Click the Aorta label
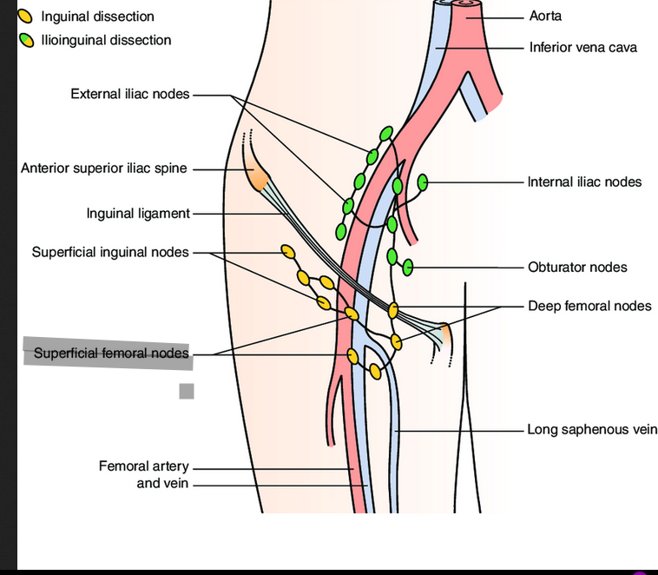point(545,17)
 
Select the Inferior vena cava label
point(582,47)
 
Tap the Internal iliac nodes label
point(584,182)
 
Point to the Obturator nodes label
point(577,267)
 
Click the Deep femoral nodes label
point(589,306)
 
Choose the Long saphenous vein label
point(592,429)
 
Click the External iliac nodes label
point(129,94)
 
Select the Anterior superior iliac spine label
point(103,169)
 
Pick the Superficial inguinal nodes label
point(110,252)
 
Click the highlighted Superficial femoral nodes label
point(110,354)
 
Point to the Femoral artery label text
point(143,467)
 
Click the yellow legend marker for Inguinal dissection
point(27,17)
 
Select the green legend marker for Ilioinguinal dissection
point(27,40)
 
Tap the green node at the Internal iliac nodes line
point(423,182)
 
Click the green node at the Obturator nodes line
point(406,267)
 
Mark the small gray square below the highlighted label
point(187,391)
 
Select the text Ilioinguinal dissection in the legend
point(106,40)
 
